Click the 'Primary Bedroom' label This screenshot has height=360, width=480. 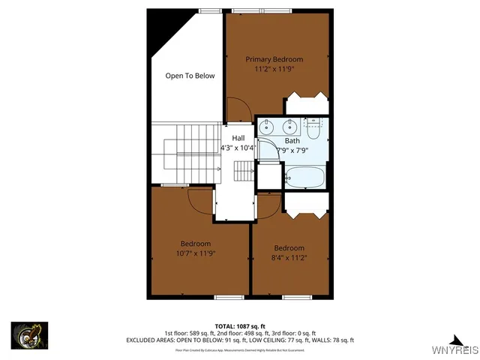(x=274, y=59)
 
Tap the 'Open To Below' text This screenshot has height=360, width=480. (x=190, y=76)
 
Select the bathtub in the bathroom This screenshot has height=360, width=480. (x=305, y=178)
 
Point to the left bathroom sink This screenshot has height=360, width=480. (x=268, y=127)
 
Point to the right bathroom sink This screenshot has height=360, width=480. (x=289, y=127)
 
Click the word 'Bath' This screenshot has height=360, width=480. (x=292, y=141)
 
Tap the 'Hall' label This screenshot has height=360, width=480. (x=238, y=138)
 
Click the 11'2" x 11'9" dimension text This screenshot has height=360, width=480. (x=274, y=69)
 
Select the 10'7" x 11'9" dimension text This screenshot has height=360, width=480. (x=195, y=253)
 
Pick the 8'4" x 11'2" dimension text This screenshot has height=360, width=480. (x=289, y=258)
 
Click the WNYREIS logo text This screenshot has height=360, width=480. (x=453, y=350)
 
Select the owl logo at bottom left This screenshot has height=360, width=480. (x=29, y=334)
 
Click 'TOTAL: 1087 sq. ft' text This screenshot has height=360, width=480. (x=239, y=326)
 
